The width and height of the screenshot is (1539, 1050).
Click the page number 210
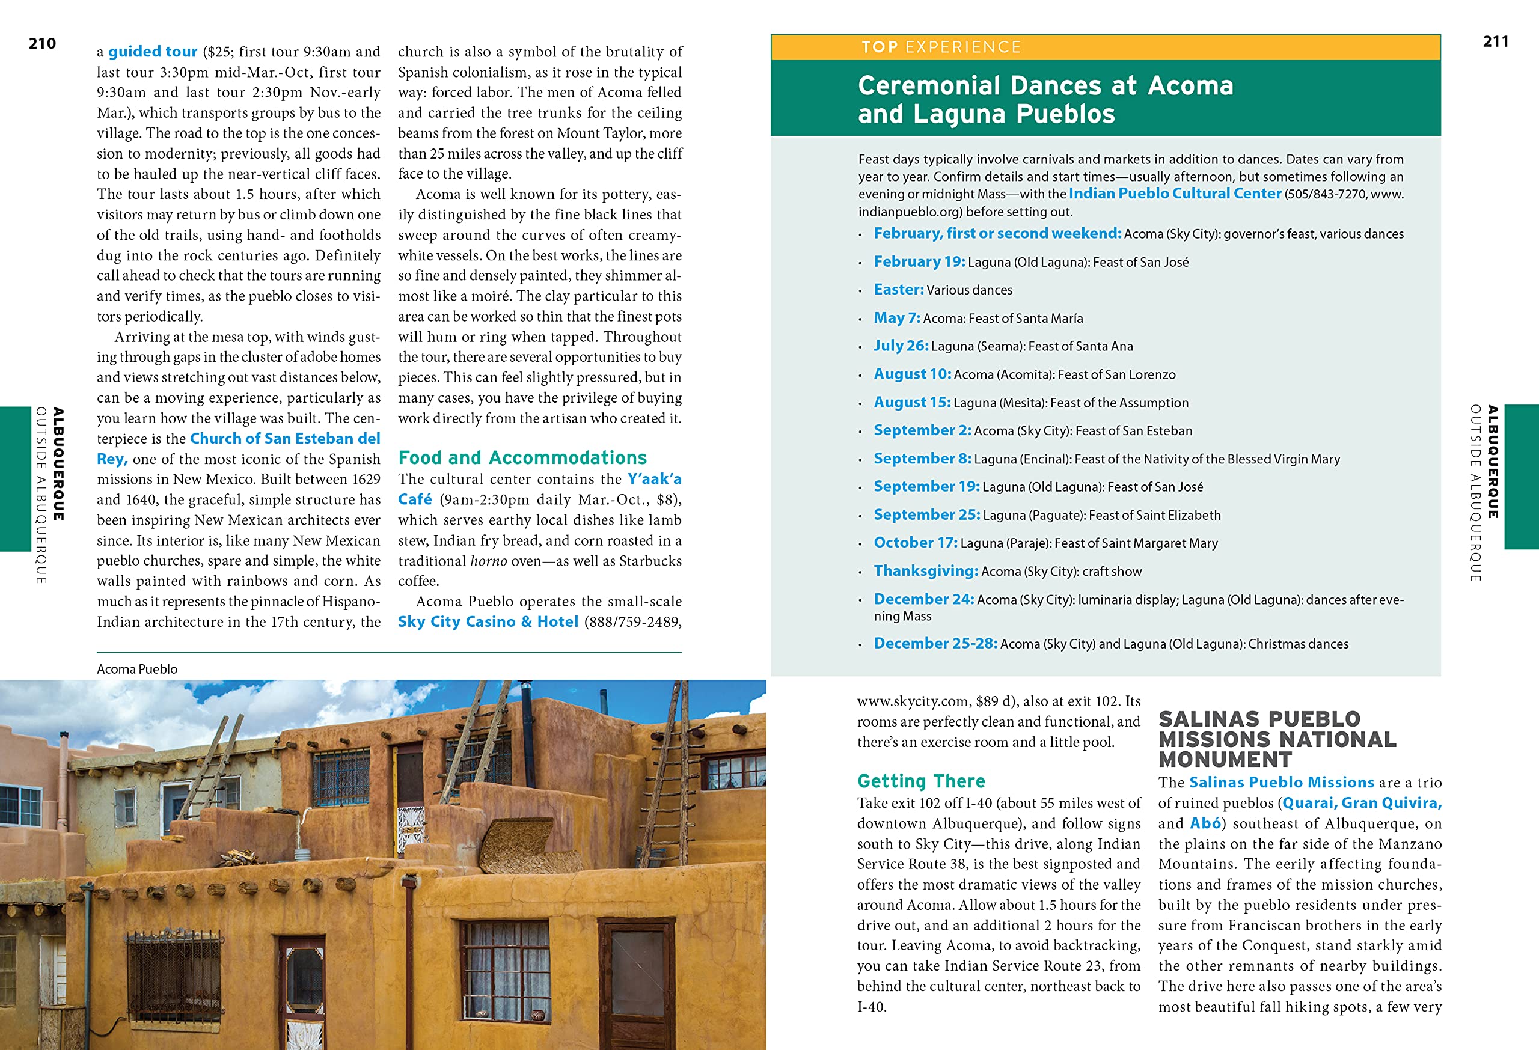click(x=42, y=44)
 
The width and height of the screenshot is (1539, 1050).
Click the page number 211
click(x=1495, y=41)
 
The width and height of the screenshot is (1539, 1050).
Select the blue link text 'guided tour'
click(x=152, y=52)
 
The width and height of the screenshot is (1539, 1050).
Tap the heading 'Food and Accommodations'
click(x=522, y=457)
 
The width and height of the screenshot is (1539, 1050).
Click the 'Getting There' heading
click(x=920, y=781)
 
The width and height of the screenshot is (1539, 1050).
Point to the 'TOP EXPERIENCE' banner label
click(x=941, y=47)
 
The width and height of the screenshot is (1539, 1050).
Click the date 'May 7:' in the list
click(x=896, y=318)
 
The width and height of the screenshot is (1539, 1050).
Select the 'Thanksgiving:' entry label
click(x=926, y=571)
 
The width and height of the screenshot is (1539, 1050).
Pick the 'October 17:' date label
click(x=915, y=543)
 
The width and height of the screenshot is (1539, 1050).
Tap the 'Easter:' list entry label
click(x=899, y=289)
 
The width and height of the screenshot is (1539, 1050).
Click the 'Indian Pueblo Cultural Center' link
click(x=1175, y=194)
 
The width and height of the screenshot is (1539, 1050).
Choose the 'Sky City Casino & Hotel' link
click(x=488, y=621)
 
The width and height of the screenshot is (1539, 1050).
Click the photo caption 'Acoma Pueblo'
click(x=137, y=670)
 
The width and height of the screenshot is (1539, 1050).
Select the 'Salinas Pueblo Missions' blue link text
click(x=1281, y=783)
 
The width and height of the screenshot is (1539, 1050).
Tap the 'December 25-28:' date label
click(x=935, y=644)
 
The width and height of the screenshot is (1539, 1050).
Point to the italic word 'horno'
click(x=488, y=561)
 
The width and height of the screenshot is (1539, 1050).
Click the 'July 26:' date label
click(x=901, y=346)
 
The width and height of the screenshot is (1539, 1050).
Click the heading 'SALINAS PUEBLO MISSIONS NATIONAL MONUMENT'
click(x=1277, y=739)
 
